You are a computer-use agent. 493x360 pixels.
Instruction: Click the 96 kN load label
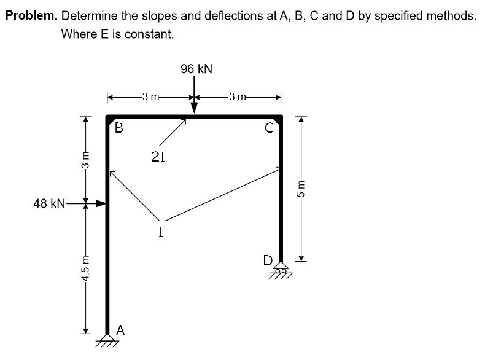[x=196, y=69]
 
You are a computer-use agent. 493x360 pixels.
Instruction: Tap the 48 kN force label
[x=49, y=204]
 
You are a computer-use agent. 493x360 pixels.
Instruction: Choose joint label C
[x=268, y=128]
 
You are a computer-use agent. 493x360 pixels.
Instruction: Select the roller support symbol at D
[x=281, y=270]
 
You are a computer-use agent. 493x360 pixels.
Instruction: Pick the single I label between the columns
[x=160, y=232]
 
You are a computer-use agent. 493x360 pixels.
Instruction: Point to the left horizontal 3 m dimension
[x=150, y=96]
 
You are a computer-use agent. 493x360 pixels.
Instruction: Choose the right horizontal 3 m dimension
[x=237, y=96]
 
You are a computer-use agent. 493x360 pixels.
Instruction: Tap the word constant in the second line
[x=151, y=34]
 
